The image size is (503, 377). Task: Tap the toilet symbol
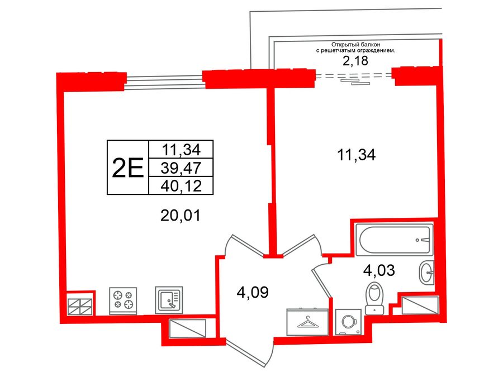point(373,298)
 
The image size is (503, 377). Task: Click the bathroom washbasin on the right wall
point(426,273)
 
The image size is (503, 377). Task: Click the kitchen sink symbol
point(169,300)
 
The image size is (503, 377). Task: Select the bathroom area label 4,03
point(379,271)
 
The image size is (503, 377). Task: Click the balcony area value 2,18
point(355,61)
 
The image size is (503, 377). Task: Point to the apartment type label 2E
point(128,167)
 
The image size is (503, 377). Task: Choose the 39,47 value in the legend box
point(181,166)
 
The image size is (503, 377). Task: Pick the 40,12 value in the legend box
point(181,185)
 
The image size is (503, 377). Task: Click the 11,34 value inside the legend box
point(181,149)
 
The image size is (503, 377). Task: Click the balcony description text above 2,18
point(355,47)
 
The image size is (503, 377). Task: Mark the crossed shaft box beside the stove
point(80,306)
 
